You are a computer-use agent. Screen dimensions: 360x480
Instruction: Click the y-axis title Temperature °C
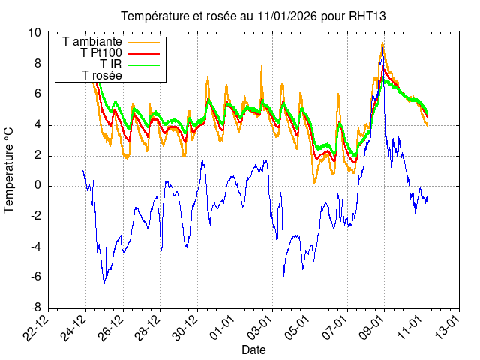tap(10, 170)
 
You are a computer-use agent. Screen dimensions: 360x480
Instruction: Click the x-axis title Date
tap(253, 349)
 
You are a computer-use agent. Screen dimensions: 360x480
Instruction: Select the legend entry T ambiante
tap(93, 41)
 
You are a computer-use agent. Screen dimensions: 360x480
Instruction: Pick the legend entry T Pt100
tap(100, 52)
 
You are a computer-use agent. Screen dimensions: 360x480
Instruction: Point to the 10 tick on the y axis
tap(35, 33)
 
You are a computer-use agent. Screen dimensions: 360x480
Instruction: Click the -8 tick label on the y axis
tap(35, 308)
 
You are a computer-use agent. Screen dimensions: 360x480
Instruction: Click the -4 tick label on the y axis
tap(35, 247)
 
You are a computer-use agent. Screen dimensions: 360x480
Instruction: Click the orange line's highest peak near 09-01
tap(382, 43)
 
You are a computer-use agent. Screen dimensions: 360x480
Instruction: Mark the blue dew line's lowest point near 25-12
tap(104, 283)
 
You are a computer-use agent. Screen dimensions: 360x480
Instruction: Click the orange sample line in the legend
tap(144, 41)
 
